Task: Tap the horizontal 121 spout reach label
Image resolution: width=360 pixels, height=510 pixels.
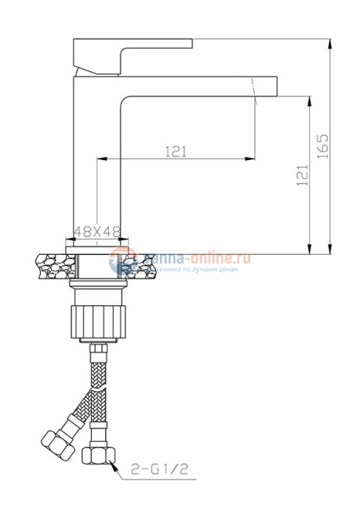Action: pos(176,152)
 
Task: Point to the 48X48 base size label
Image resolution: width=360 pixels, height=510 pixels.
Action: pos(96,231)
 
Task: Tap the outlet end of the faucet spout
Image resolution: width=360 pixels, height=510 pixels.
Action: pos(267,87)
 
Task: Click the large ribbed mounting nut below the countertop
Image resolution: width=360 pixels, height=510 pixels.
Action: pos(98,322)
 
